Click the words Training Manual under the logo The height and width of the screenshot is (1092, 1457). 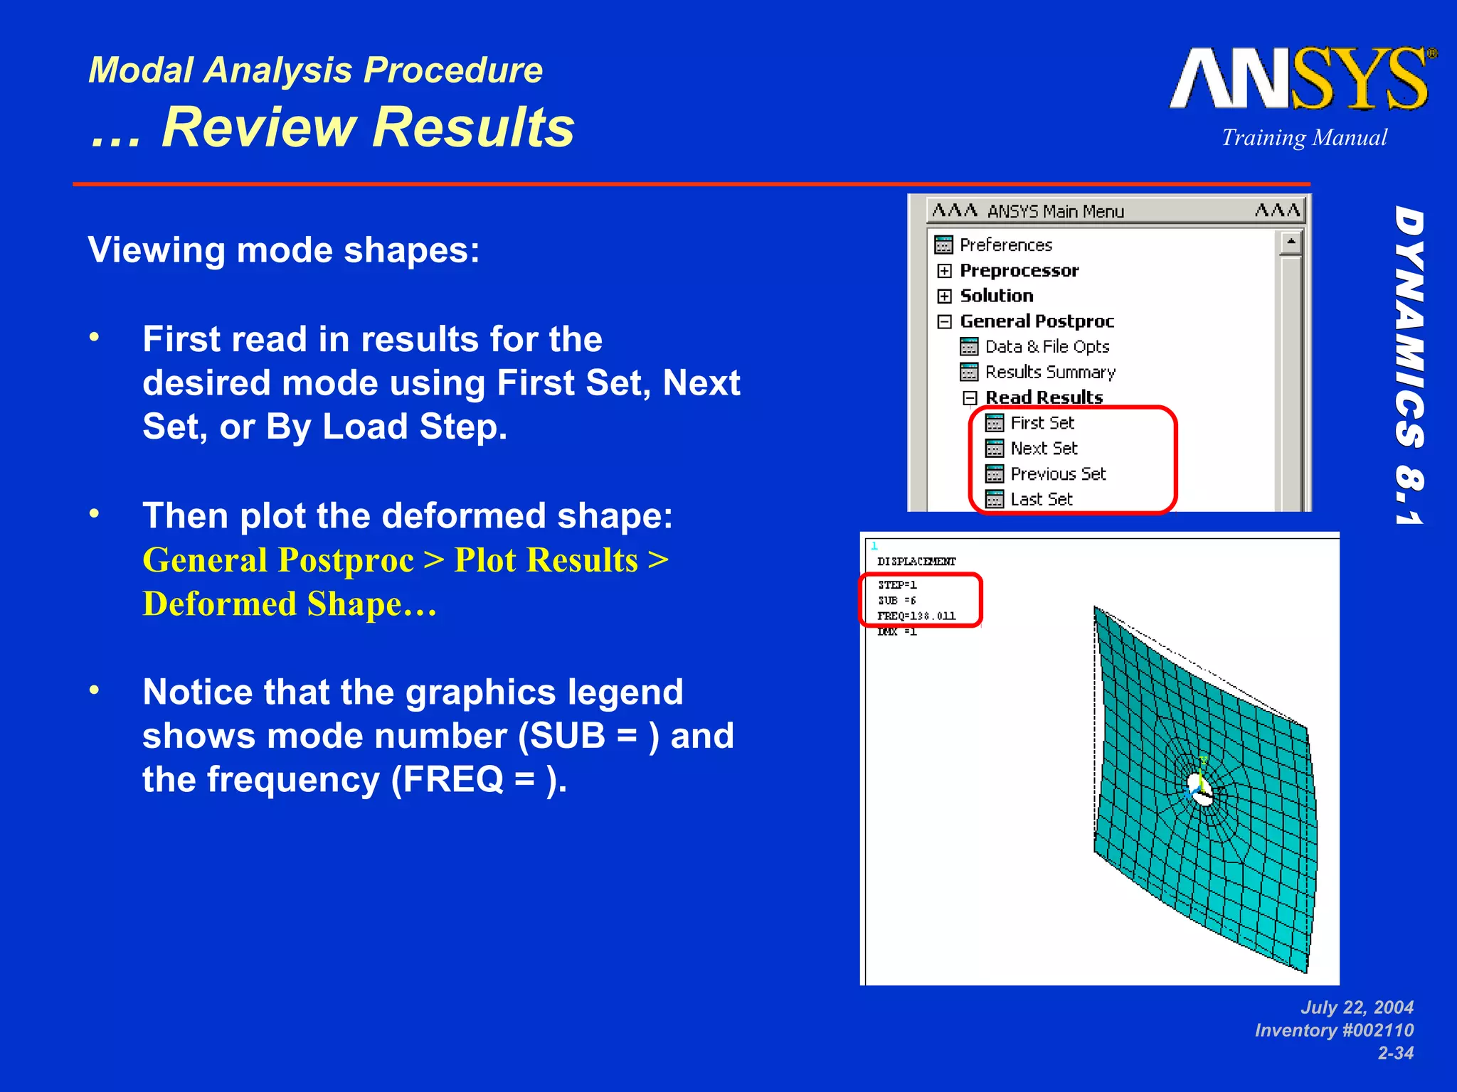point(1304,138)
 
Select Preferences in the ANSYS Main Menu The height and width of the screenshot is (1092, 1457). point(1005,245)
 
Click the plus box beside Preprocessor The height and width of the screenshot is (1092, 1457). point(944,271)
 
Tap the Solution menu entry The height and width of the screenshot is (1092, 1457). point(996,296)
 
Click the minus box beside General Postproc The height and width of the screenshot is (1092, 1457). point(944,322)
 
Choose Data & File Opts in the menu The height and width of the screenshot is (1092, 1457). point(1047,347)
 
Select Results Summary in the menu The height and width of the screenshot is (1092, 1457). point(1049,373)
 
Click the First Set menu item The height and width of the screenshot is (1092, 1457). point(1042,424)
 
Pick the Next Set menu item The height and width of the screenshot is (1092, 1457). point(1044,449)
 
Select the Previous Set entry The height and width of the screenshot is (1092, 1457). point(1058,474)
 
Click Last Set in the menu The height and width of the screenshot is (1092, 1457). point(1041,500)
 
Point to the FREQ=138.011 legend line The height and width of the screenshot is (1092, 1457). point(916,616)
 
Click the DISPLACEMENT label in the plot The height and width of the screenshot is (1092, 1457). point(916,562)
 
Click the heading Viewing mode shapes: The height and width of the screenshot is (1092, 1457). point(284,250)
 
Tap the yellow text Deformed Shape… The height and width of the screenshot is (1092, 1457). point(290,604)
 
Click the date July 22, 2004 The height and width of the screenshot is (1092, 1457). point(1357,1007)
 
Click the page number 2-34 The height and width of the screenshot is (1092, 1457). point(1395,1054)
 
